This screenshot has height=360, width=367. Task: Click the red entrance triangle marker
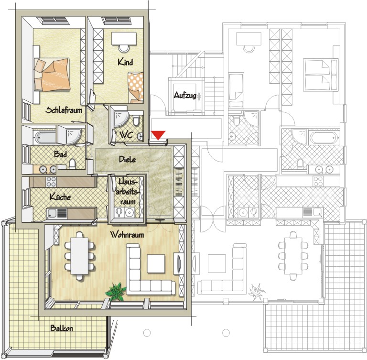point(158,135)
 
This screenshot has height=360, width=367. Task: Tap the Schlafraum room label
point(64,110)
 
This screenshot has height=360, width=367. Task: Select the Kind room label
point(125,62)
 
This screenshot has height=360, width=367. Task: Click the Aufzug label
point(185,95)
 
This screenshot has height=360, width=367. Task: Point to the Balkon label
point(62,328)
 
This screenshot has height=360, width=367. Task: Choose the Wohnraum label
point(127,234)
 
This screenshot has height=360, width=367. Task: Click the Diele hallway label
point(127,159)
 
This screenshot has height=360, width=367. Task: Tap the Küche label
point(60,196)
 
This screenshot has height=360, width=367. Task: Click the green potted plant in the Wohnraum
point(116,291)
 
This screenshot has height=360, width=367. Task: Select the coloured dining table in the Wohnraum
point(79,256)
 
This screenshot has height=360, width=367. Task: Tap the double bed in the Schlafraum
point(52,74)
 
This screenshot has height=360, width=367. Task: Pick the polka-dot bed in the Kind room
point(136,87)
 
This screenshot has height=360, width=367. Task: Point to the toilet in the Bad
point(73,164)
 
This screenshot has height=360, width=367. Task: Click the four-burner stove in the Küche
point(51,182)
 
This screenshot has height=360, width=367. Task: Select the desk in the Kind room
point(124,39)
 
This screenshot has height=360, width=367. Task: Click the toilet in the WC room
point(136,121)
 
